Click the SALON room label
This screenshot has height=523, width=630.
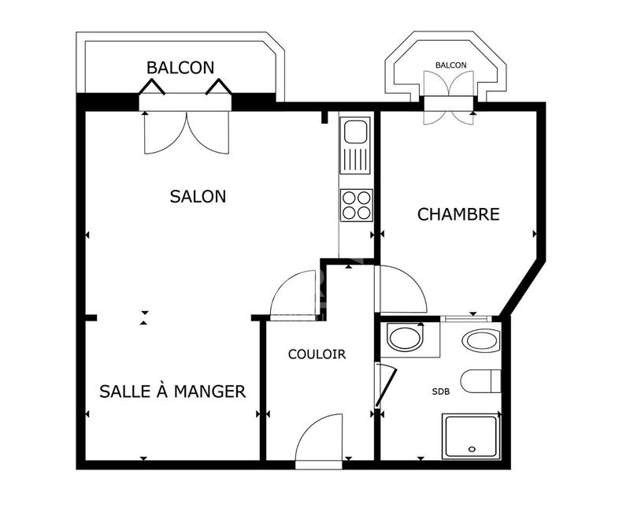[198, 196]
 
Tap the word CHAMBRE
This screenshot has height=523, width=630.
[458, 214]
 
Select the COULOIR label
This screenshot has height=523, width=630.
[317, 354]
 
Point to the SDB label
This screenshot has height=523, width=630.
[441, 391]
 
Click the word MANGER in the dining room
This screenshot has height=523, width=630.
[209, 391]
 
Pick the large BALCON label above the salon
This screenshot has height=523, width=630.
[180, 68]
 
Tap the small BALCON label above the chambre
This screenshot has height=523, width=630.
[450, 65]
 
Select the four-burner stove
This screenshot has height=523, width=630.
[356, 205]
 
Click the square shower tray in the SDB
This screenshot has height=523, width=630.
[471, 437]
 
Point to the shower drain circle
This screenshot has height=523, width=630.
[472, 450]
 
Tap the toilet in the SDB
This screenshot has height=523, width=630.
[480, 381]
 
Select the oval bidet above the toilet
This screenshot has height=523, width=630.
[480, 341]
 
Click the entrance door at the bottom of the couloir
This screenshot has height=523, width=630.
[319, 443]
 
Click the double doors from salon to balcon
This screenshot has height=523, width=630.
[187, 130]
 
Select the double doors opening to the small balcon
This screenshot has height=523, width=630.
[449, 96]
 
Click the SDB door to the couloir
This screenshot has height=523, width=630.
[384, 386]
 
